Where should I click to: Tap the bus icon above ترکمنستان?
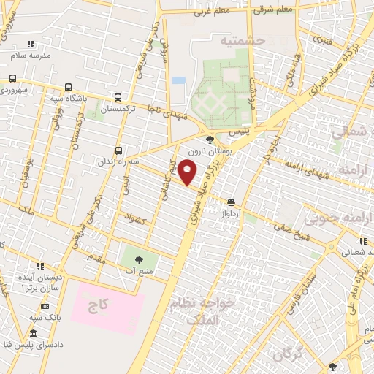(118, 97)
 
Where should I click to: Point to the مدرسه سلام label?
(30, 56)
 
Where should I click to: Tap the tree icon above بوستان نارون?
(210, 139)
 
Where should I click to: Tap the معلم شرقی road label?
(271, 9)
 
